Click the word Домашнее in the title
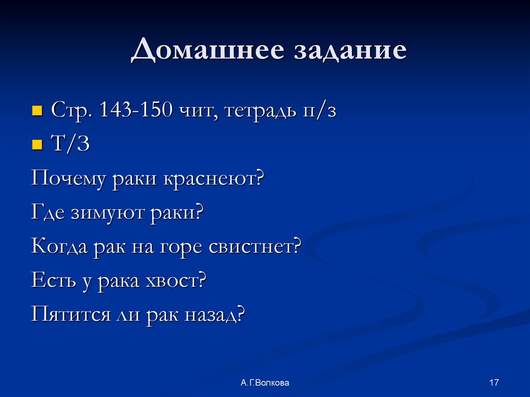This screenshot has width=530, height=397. (x=207, y=52)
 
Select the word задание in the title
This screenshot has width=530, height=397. (x=350, y=52)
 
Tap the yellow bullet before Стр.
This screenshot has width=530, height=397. (x=37, y=111)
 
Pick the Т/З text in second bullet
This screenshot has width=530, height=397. (x=70, y=145)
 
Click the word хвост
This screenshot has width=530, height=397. (x=175, y=281)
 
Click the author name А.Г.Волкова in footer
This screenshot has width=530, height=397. (x=264, y=383)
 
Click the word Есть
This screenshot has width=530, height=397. (x=51, y=281)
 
